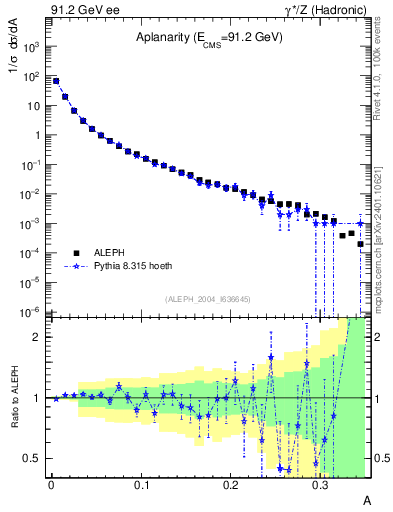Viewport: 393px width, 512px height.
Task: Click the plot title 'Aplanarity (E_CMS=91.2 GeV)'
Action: (210, 38)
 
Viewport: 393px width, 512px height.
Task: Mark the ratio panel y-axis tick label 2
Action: (39, 337)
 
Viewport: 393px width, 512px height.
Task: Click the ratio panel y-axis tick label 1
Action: (39, 398)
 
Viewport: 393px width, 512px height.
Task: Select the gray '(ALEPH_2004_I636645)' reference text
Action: (208, 298)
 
